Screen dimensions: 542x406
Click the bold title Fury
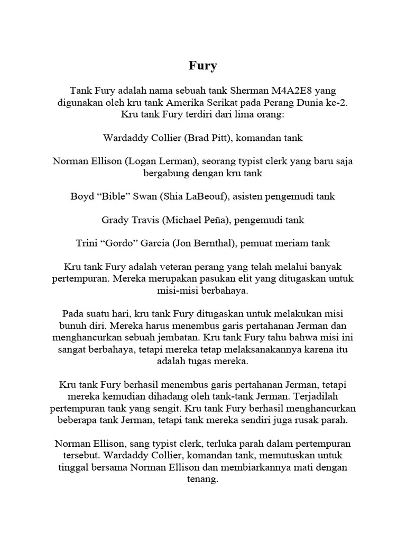coord(203,66)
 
